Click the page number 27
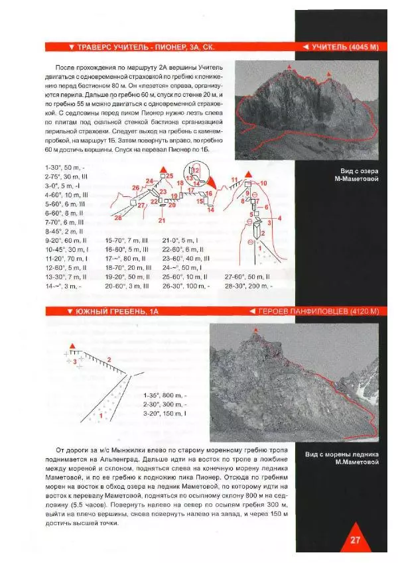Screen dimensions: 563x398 click(x=354, y=539)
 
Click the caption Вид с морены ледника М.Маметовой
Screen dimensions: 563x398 click(x=342, y=459)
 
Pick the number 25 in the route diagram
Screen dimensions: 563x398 click(x=170, y=176)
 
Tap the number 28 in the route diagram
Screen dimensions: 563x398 click(x=118, y=218)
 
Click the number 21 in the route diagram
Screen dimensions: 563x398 click(x=162, y=219)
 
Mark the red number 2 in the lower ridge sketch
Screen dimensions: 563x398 click(x=109, y=359)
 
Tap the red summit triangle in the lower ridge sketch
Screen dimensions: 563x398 click(x=72, y=345)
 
